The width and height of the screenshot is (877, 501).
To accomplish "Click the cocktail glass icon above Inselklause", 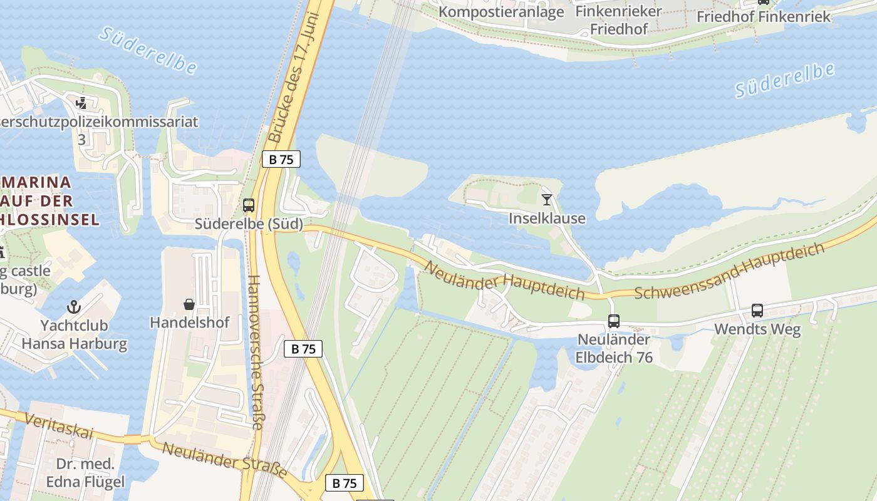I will coord(547,200).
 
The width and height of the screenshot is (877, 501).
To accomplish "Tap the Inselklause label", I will coord(547,219).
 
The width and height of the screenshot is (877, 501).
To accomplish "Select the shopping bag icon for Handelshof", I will coord(189,304).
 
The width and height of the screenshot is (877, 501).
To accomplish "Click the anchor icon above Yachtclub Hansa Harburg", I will coord(74,307).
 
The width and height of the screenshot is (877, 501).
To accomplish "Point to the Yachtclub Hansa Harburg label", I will coord(74,334).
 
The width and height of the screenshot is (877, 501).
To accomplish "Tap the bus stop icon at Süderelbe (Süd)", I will coord(249,205).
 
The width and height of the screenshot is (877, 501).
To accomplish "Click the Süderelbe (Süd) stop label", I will coord(249,224).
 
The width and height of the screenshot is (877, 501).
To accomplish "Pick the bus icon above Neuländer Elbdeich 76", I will coord(614,321).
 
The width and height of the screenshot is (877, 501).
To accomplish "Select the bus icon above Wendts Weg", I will coord(757,310).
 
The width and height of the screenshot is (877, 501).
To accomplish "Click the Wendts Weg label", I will coord(757,329).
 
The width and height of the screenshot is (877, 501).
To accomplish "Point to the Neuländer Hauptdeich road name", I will coord(504,281).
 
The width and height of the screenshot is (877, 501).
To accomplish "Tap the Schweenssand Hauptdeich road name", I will coord(730,271).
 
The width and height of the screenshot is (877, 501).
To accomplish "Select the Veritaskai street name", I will coord(63,426).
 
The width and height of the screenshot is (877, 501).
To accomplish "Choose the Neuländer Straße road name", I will coord(224,460).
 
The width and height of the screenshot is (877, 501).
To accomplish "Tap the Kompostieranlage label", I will coord(501,12).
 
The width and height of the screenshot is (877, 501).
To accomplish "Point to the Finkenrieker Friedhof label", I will coord(618,20).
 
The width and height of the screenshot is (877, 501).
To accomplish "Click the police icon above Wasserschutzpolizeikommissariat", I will coord(81,103).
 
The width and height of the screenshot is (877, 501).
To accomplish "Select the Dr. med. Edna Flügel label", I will coord(85,473).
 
